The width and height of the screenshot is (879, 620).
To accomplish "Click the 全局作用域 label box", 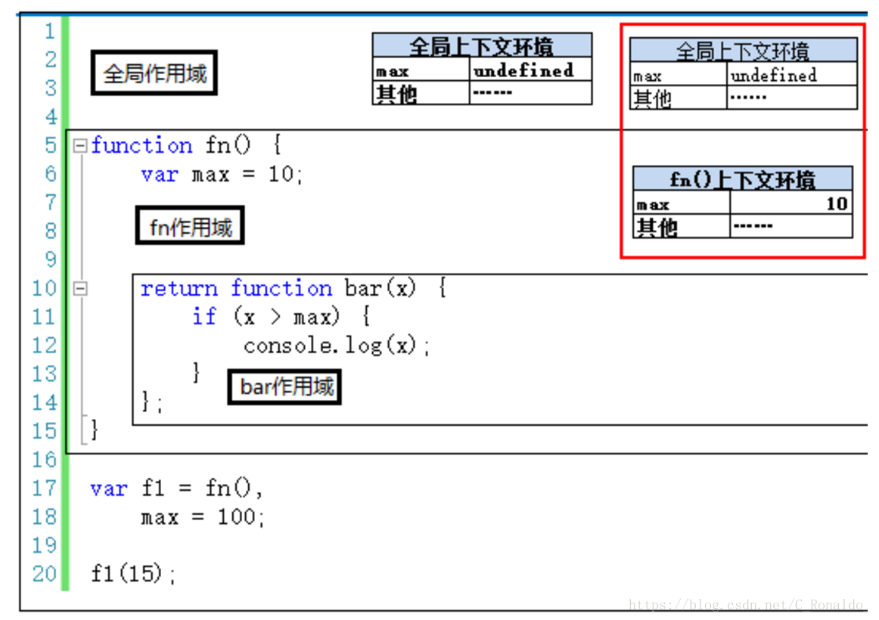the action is (x=154, y=73).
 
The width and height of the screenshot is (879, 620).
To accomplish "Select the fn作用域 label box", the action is (x=190, y=227).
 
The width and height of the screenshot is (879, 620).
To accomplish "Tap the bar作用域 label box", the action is (x=285, y=387).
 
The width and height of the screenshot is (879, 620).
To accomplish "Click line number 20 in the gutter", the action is (x=45, y=574).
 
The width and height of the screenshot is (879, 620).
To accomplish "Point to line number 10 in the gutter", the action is (x=45, y=288).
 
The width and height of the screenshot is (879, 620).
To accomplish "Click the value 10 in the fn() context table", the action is (x=836, y=203).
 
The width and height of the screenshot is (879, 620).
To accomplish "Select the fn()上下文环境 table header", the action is (x=742, y=179).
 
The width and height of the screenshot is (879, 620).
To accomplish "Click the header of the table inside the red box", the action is (x=743, y=51).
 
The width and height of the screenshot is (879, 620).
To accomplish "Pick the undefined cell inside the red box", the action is (x=773, y=75).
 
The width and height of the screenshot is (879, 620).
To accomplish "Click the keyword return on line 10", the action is (x=179, y=288).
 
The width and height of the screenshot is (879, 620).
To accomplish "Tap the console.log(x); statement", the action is (x=337, y=346).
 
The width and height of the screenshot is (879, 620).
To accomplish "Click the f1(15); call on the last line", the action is (x=133, y=574).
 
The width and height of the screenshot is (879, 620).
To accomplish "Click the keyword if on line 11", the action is (x=204, y=317).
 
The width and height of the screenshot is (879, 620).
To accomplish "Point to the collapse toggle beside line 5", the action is (x=79, y=146).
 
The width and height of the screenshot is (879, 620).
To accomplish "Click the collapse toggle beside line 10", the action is (x=79, y=288).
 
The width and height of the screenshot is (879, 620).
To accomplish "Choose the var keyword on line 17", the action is (x=108, y=488).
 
